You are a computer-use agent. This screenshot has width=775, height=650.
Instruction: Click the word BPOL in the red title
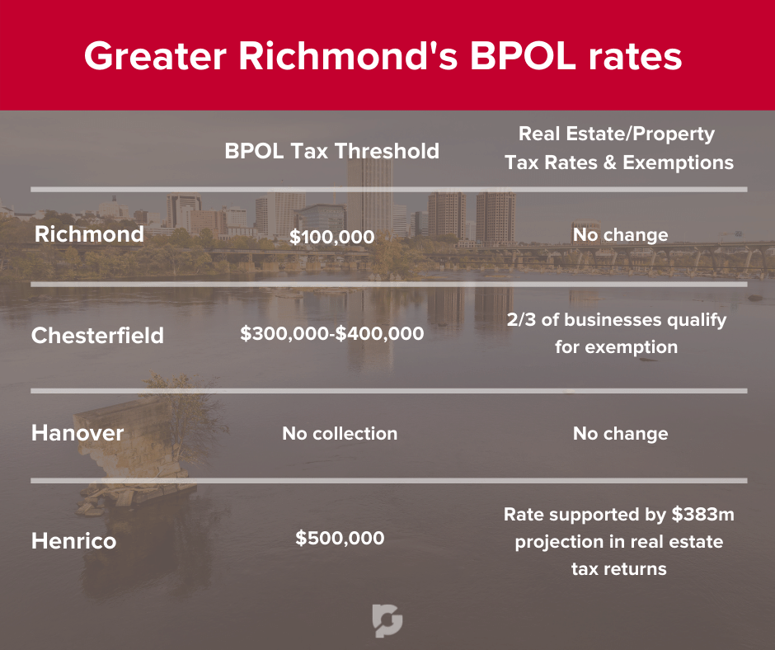pyautogui.click(x=523, y=55)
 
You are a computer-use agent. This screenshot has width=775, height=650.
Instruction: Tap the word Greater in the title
pyautogui.click(x=155, y=55)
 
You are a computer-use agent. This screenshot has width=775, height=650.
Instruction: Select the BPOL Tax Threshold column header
pyautogui.click(x=332, y=151)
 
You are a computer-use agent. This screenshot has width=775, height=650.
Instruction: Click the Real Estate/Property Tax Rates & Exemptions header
pyautogui.click(x=619, y=148)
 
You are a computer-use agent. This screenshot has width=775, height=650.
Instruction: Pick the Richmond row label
pyautogui.click(x=90, y=234)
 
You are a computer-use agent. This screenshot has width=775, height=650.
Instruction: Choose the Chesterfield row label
pyautogui.click(x=97, y=336)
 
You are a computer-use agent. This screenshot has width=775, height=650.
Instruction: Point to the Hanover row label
pyautogui.click(x=77, y=433)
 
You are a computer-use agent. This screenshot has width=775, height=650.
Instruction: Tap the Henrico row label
pyautogui.click(x=74, y=540)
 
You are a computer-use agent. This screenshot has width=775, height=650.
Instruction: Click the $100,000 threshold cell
pyautogui.click(x=332, y=237)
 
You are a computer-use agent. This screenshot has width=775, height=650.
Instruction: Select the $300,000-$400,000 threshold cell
pyautogui.click(x=332, y=333)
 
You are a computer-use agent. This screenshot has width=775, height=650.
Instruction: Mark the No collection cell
pyautogui.click(x=340, y=433)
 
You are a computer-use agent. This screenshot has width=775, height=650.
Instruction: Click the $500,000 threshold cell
pyautogui.click(x=340, y=538)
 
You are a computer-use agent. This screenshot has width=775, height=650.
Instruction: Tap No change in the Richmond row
pyautogui.click(x=620, y=234)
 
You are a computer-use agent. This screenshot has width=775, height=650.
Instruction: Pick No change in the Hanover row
pyautogui.click(x=620, y=433)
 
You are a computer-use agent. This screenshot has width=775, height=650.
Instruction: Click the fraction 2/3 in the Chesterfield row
pyautogui.click(x=521, y=319)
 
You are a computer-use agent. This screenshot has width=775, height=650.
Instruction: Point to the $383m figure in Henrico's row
pyautogui.click(x=702, y=515)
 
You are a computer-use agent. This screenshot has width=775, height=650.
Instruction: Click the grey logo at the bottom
pyautogui.click(x=387, y=620)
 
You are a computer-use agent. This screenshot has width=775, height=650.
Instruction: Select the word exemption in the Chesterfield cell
pyautogui.click(x=631, y=347)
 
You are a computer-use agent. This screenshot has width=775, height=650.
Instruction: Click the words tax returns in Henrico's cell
pyautogui.click(x=619, y=569)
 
